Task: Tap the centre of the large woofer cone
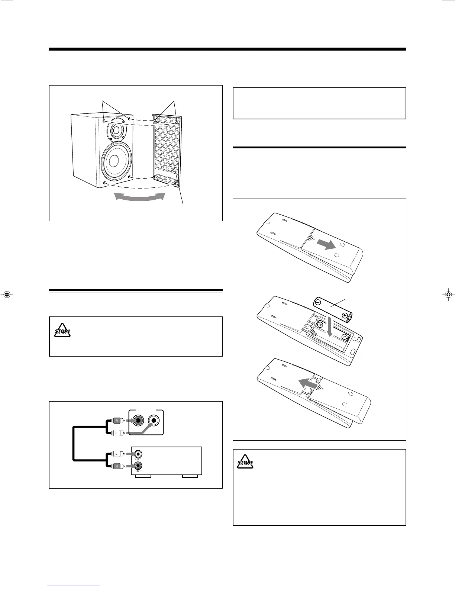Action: pyautogui.click(x=114, y=161)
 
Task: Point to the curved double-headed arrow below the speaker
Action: pyautogui.click(x=140, y=197)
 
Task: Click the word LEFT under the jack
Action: pyautogui.click(x=138, y=460)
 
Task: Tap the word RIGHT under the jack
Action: pyautogui.click(x=138, y=471)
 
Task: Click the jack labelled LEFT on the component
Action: pyautogui.click(x=138, y=454)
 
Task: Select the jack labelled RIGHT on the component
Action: pyautogui.click(x=138, y=466)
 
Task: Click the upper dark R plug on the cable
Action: pyautogui.click(x=117, y=421)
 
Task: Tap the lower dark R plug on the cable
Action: pyautogui.click(x=117, y=466)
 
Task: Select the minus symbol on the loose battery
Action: pyautogui.click(x=319, y=302)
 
